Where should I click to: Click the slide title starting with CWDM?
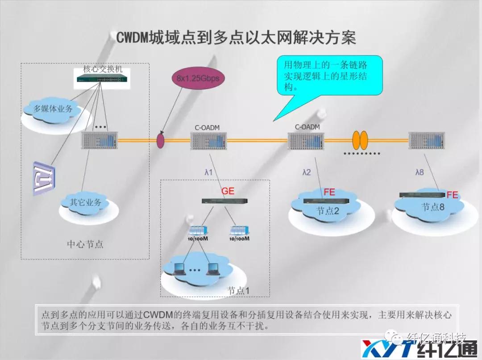coord(236,38)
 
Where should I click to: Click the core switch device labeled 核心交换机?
coord(103,79)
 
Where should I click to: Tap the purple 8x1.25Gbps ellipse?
coord(197,79)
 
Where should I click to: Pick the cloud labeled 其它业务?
coord(86,202)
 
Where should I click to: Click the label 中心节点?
coord(85,244)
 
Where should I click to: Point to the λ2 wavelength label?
coord(306,172)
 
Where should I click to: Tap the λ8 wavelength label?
coord(420,172)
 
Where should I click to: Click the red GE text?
coord(228,191)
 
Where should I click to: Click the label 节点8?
coord(433,207)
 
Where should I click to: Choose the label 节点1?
coord(238,290)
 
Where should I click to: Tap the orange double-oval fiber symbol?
coord(360,140)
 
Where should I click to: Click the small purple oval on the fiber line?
coord(161,140)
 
